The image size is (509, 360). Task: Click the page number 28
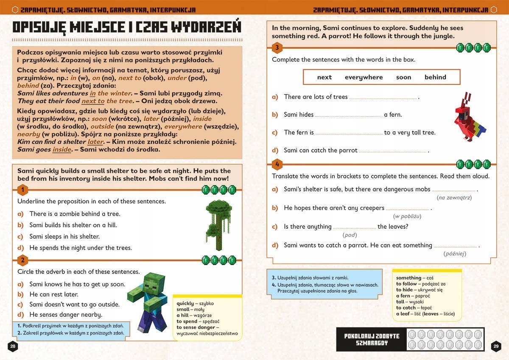tap(13, 346)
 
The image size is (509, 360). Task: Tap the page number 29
tap(496, 346)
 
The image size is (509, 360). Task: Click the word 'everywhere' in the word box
tap(364, 77)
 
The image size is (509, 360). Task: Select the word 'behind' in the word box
tap(435, 77)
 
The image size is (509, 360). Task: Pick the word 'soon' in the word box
tap(403, 77)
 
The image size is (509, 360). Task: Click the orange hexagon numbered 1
tap(23, 190)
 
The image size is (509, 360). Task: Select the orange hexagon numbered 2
tap(23, 260)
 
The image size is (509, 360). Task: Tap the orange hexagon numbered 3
tap(277, 48)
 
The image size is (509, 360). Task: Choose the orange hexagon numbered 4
tap(277, 164)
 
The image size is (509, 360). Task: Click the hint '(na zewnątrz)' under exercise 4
tap(454, 197)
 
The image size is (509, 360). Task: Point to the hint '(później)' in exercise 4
tap(455, 253)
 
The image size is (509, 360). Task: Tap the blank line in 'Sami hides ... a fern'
tap(349, 115)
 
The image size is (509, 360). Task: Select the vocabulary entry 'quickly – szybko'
tap(195, 304)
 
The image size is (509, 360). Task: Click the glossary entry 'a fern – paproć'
tap(413, 296)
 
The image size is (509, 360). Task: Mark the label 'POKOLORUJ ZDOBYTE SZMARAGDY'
tap(372, 339)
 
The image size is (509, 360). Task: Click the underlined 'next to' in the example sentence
tap(93, 101)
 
